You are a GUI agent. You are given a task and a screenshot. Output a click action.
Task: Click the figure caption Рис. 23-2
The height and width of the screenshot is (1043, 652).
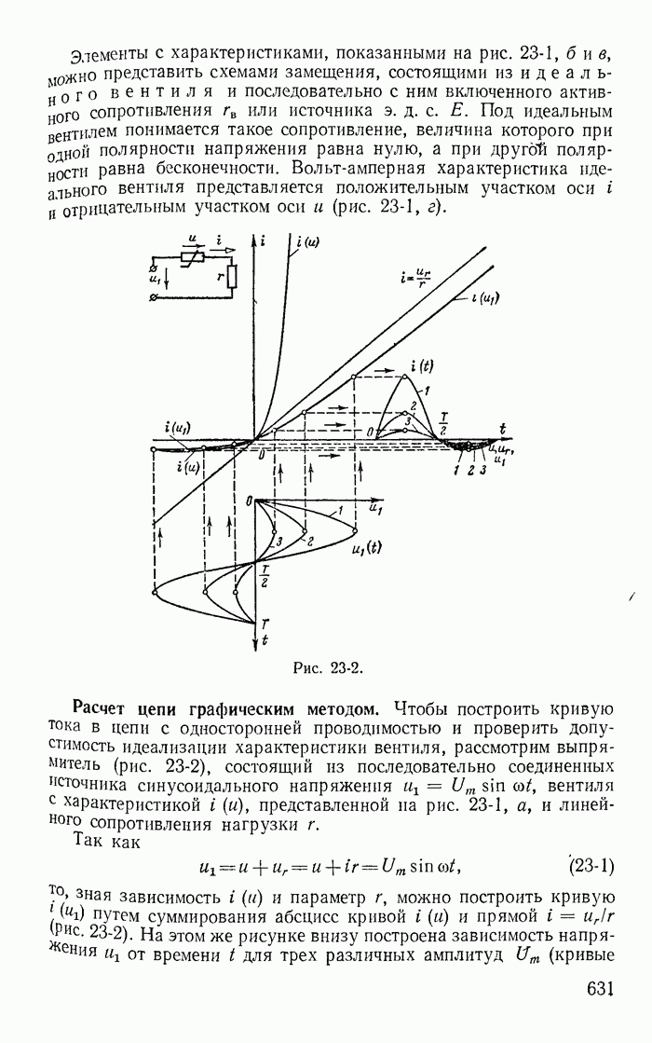tap(326, 667)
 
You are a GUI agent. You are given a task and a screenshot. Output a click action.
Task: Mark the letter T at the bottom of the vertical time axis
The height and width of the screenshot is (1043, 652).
tap(265, 623)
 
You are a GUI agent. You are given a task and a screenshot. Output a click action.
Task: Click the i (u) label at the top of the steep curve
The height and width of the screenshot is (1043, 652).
tap(307, 246)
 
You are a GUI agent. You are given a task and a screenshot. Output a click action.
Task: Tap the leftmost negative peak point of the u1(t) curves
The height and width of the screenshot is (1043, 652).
tap(153, 592)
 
